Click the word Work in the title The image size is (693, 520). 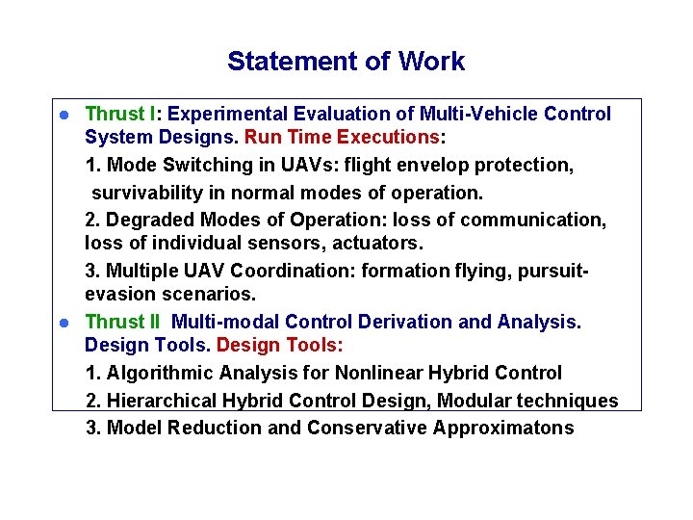431,62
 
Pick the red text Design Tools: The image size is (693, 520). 280,345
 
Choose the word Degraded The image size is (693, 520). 147,220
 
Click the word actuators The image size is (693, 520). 379,243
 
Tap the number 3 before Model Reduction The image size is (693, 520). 91,428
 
